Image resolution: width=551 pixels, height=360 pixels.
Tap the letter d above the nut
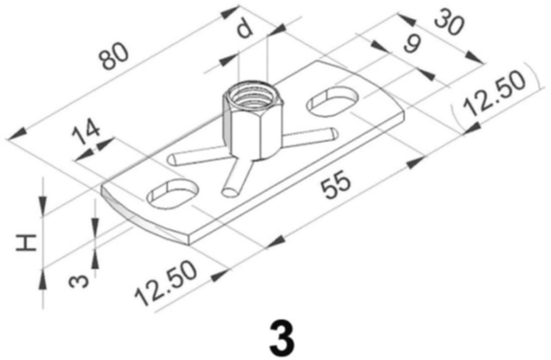point(245,29)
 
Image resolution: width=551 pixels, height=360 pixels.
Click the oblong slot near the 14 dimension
point(172,193)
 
